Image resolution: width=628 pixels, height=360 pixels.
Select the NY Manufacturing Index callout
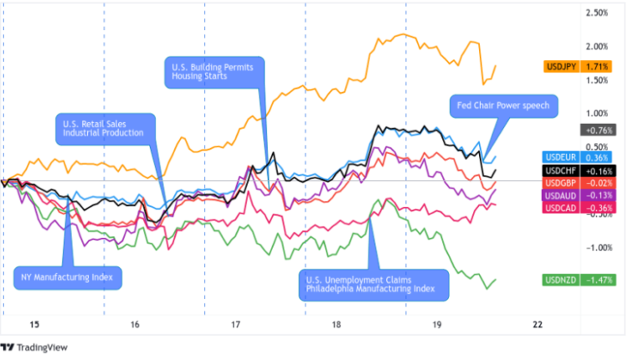tap(68, 276)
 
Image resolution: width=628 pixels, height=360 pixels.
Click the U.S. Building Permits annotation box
tap(214, 70)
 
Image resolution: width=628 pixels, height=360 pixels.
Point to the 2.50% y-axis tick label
tap(597, 13)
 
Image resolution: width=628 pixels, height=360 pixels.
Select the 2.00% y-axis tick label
tap(597, 46)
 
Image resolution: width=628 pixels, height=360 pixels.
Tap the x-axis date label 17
tap(235, 325)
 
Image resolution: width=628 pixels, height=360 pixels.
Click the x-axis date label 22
tap(538, 325)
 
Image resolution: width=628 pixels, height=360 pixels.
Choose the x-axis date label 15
tap(33, 325)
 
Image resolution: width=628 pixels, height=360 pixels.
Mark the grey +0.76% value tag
tap(599, 130)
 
